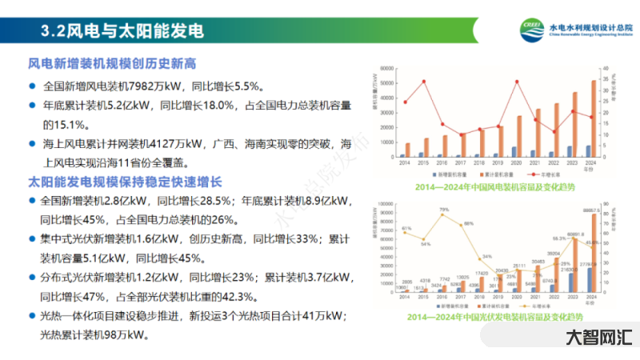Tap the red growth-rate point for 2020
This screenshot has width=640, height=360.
tap(516, 82)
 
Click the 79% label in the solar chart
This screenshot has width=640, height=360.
tap(443, 210)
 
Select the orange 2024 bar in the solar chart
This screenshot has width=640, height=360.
tap(594, 253)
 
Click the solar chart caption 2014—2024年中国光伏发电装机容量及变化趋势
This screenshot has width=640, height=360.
tap(496, 317)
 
